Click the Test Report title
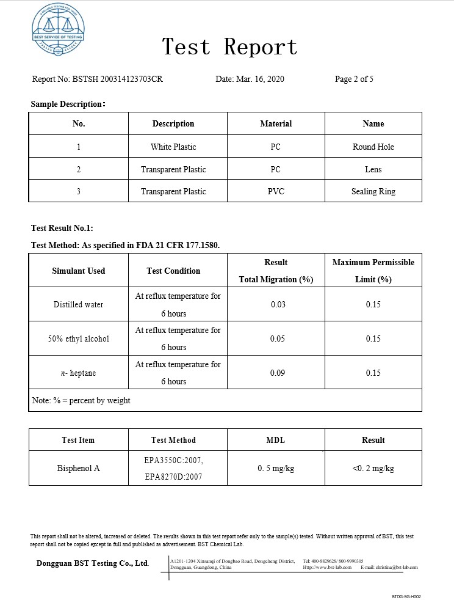(229, 47)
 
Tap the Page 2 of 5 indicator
(354, 79)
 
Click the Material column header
(276, 123)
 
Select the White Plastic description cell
(173, 147)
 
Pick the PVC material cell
(276, 191)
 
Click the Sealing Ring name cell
(373, 191)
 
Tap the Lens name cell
(373, 169)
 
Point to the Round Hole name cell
(373, 147)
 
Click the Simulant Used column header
(79, 271)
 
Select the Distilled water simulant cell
(79, 304)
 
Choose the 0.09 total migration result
(278, 373)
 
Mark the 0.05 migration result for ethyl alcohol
(278, 338)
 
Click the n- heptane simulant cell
(79, 373)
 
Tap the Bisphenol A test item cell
(79, 469)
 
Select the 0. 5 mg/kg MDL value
(276, 469)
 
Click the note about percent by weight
(81, 401)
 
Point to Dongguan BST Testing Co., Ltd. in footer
(93, 563)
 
